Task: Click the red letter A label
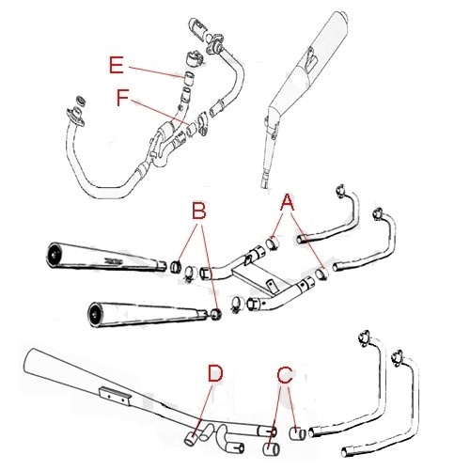tap(288, 202)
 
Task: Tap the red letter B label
tap(199, 211)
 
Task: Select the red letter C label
tap(285, 375)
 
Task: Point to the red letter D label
tap(215, 373)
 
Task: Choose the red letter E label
tap(117, 65)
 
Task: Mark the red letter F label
tap(122, 97)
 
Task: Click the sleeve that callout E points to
tap(189, 78)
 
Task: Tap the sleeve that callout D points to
tap(191, 438)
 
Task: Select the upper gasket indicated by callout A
tap(273, 243)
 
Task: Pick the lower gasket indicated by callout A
tap(321, 274)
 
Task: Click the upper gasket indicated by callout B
tap(177, 267)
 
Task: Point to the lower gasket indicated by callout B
tap(215, 314)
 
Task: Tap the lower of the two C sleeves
tap(272, 449)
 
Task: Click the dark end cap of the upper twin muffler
tap(54, 255)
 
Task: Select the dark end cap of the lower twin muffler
tap(94, 315)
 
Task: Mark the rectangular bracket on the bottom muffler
tap(115, 397)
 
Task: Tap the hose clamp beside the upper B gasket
tap(190, 273)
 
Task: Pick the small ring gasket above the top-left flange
tap(82, 101)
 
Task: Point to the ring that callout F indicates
tap(192, 130)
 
